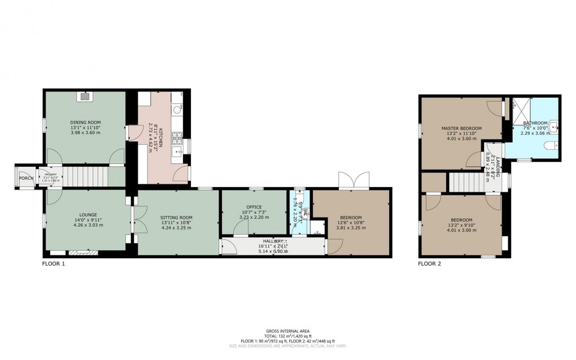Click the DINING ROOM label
point(85,122)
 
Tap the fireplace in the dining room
point(85,97)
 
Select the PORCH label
point(26,178)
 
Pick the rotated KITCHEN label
point(160,137)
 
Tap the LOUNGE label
point(88,214)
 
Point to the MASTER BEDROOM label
point(461,128)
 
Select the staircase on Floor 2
point(473,182)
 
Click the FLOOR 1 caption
point(54,263)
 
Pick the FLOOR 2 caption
point(429,263)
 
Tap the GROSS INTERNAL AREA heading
point(287,331)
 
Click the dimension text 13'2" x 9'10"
point(461,225)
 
